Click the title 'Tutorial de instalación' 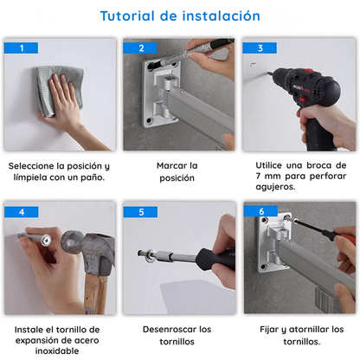click(x=179, y=16)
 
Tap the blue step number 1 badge click(x=22, y=48)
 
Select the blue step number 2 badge click(x=141, y=48)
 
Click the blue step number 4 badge click(x=22, y=212)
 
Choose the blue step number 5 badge click(x=141, y=212)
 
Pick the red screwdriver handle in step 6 click(x=345, y=246)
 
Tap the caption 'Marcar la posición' click(x=177, y=170)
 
